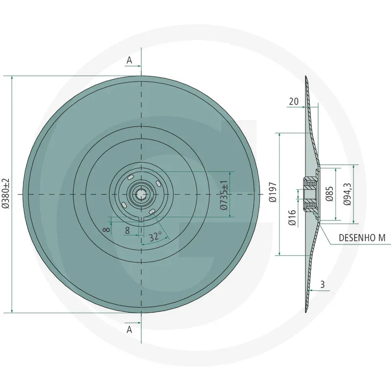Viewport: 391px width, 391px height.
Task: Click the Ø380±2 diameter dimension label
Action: pos(6,194)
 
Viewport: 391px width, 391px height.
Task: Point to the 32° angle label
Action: pos(155,237)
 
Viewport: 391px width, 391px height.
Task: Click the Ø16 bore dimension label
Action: pos(292,217)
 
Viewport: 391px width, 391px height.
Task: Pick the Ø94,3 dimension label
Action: pos(348,195)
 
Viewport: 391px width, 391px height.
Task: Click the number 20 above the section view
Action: pos(294,101)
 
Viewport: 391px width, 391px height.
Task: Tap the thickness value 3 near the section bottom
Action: pos(323,284)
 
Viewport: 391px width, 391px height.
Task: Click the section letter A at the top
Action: pos(130,60)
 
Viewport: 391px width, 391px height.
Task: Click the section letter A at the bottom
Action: pos(130,330)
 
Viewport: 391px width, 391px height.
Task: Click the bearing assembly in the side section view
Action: pos(310,195)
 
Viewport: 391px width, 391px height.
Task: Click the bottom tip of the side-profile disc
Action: pos(305,312)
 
